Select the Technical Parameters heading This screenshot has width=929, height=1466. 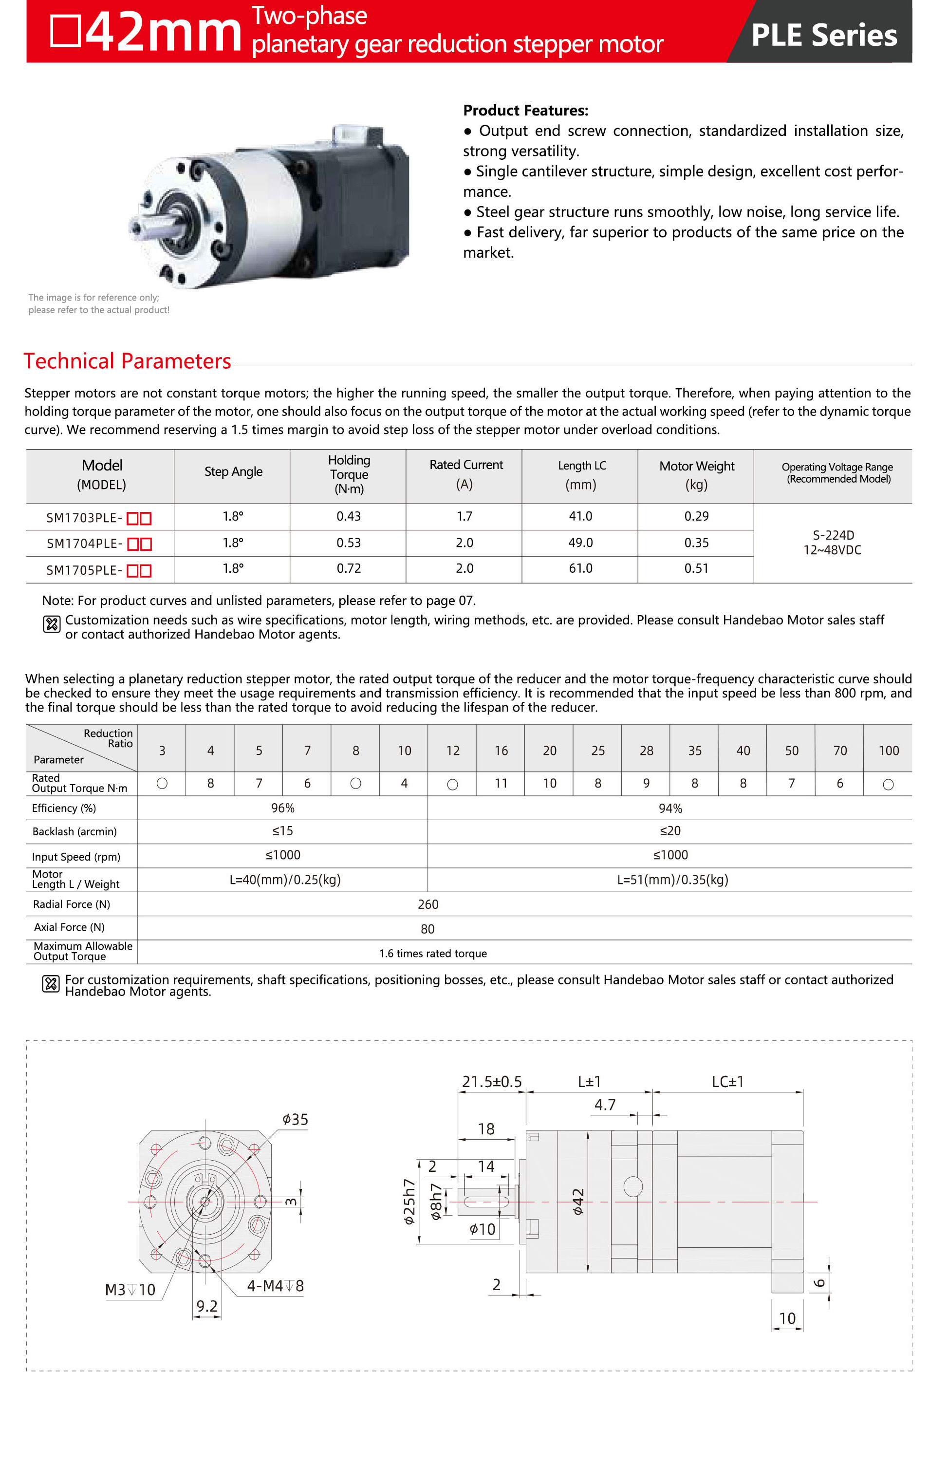(127, 361)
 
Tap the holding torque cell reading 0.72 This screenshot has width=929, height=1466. (348, 568)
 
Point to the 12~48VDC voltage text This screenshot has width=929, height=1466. (832, 550)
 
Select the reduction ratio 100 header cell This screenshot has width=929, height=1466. (888, 751)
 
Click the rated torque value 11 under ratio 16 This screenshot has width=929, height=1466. (501, 784)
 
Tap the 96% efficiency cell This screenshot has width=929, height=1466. (282, 808)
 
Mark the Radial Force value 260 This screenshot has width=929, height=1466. (427, 904)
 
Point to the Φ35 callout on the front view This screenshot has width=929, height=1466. (295, 1119)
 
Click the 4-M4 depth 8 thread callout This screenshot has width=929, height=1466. (275, 1286)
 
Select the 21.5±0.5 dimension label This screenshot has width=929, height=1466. (491, 1082)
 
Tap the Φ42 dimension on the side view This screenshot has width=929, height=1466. (578, 1202)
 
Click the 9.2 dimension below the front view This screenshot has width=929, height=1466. (207, 1306)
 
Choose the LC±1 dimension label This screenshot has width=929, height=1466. (727, 1082)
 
